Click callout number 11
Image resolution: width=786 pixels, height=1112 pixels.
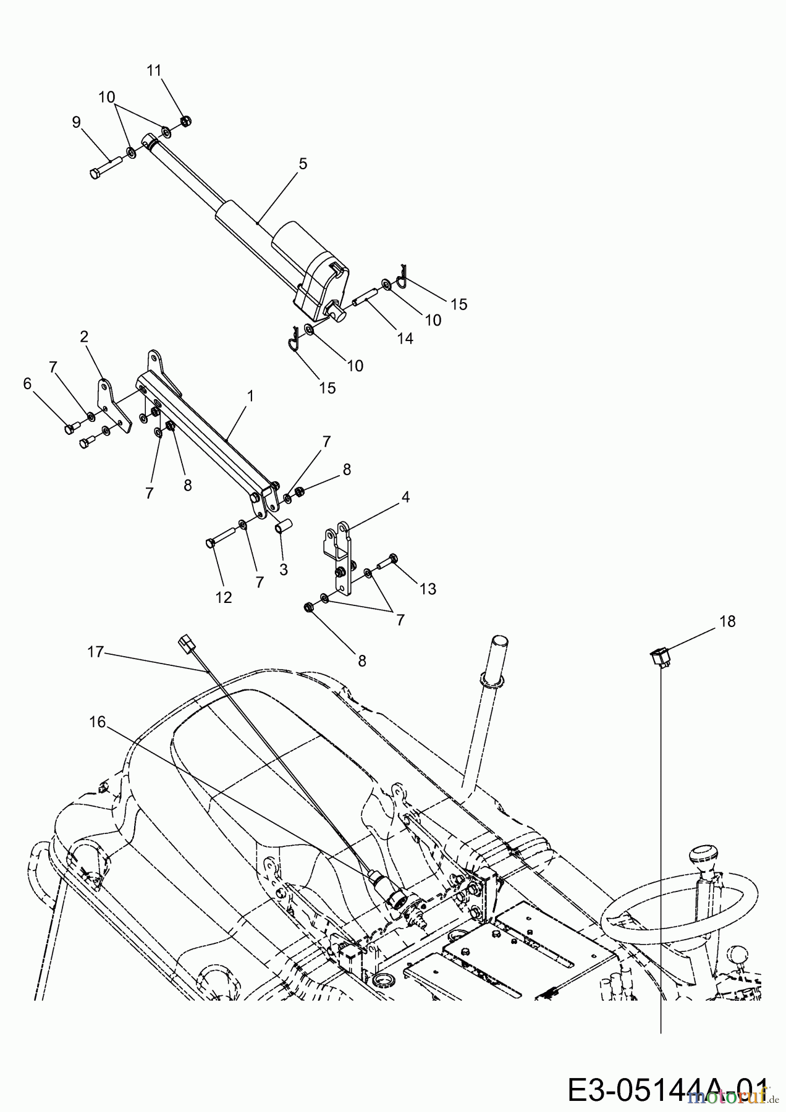point(154,70)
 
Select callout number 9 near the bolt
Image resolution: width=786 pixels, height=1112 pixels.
point(76,122)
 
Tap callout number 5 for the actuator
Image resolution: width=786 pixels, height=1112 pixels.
point(302,164)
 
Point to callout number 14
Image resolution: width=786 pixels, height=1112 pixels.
point(405,339)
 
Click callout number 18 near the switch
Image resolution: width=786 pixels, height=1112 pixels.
point(728,621)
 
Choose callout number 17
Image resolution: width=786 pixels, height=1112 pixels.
point(95,652)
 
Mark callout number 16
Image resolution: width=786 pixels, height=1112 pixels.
point(97,722)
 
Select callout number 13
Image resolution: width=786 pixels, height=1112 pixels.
point(428,589)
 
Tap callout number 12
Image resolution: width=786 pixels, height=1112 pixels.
point(224,597)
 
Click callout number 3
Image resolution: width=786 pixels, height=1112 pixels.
point(283,570)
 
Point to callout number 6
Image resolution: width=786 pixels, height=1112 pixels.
point(27,384)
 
